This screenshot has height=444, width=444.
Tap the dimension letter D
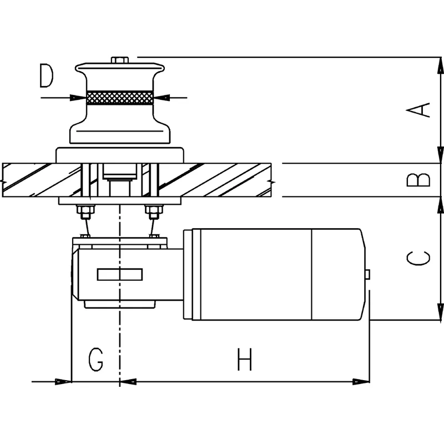(x=47, y=77)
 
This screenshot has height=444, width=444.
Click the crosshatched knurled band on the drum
(x=120, y=98)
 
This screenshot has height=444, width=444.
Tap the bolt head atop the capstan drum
(x=119, y=60)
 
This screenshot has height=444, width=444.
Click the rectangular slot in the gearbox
(x=120, y=274)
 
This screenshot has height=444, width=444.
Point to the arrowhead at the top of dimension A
(x=441, y=65)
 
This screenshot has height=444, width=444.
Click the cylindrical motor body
(x=255, y=274)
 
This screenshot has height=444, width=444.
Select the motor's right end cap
(x=339, y=274)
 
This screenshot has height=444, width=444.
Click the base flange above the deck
(x=119, y=155)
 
